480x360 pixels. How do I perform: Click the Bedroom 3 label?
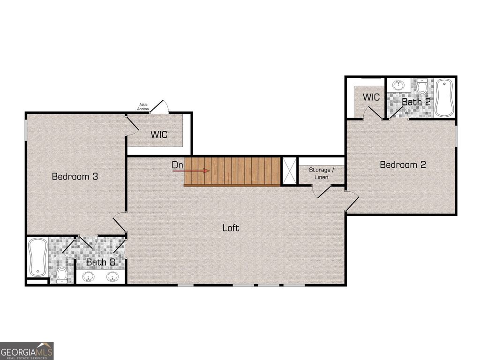pos(75,177)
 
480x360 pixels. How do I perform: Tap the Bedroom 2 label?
pos(403,165)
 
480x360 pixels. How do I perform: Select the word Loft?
pos(231,228)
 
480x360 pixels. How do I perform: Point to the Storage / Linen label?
pos(322,173)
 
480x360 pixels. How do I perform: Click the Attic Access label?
pos(143,107)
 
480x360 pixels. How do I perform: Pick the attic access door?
pos(163,107)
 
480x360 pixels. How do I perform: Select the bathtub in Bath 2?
pos(443,97)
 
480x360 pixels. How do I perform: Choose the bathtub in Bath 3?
pos(37,257)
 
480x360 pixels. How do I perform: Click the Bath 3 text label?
pos(100,262)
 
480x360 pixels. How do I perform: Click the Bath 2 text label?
pos(416,101)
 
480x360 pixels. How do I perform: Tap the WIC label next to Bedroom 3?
pos(159,135)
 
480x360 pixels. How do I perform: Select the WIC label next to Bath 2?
pos(371,97)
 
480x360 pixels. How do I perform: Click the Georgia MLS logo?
pos(27,351)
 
